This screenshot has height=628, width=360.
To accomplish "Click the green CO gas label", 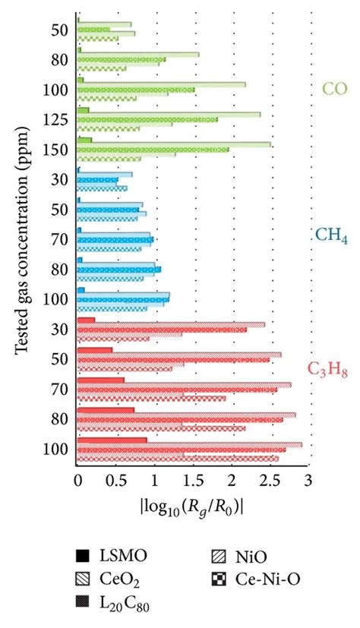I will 334,89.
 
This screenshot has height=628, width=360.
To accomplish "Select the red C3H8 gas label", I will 327,369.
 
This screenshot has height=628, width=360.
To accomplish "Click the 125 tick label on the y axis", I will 59,120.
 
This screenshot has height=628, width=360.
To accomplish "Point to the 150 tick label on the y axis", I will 59,150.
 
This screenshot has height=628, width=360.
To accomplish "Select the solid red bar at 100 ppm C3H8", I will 112,440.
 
